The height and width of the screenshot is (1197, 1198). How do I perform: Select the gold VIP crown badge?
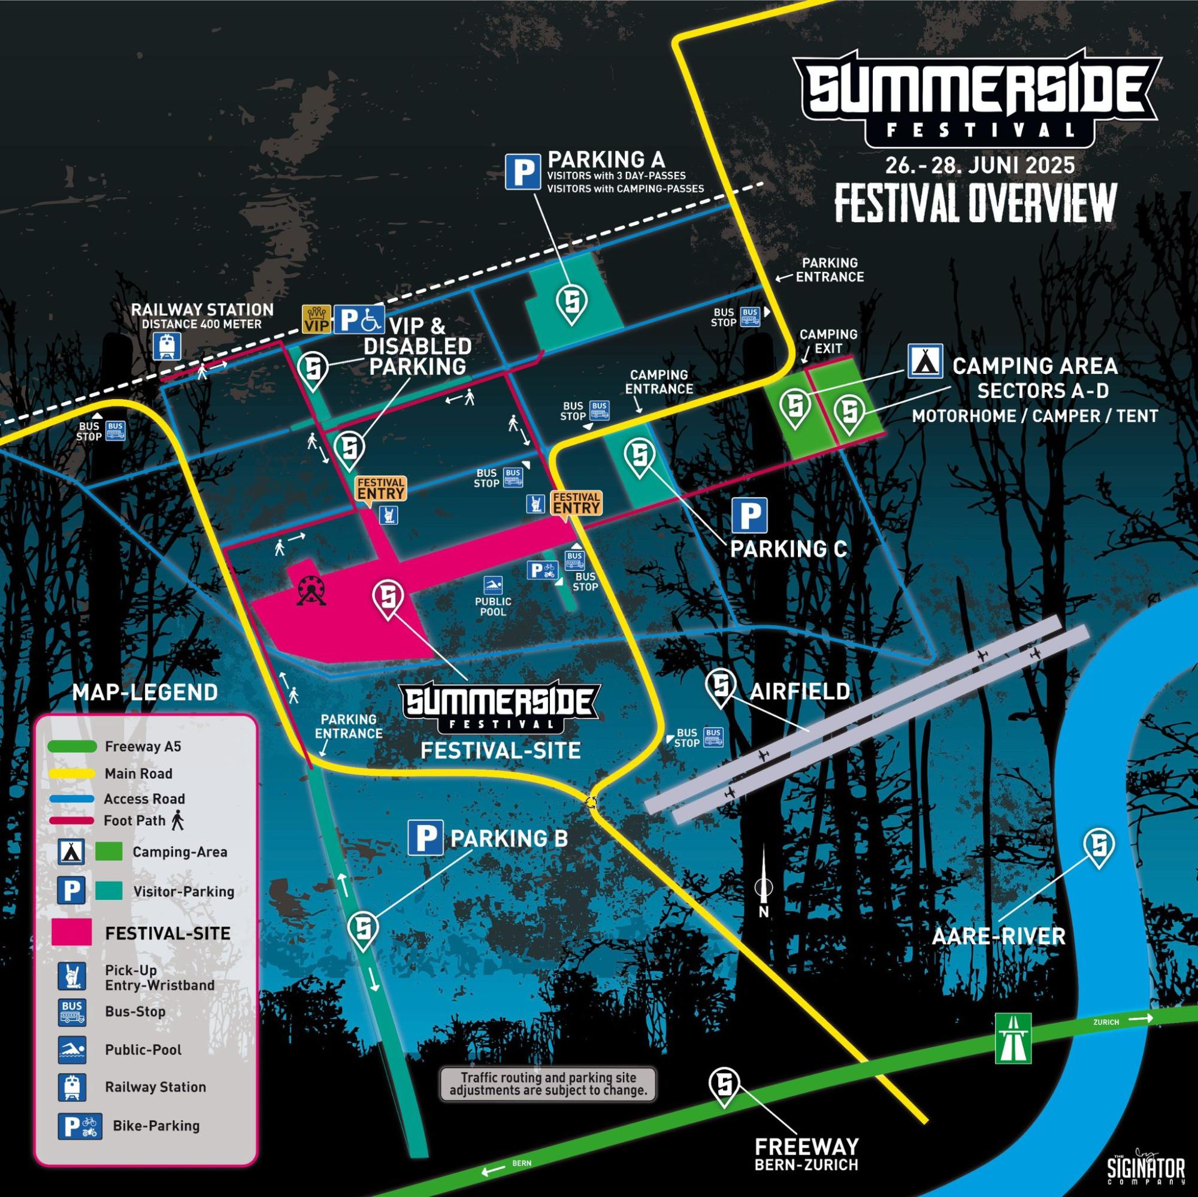coord(316,319)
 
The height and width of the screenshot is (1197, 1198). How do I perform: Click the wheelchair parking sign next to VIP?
coord(359,319)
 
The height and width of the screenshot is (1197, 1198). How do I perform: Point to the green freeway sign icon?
coord(1014,1038)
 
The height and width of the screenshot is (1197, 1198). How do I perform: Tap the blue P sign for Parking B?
coord(425,838)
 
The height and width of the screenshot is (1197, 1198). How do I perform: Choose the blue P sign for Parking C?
coord(750,515)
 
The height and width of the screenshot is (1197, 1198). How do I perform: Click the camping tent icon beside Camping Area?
coord(926,361)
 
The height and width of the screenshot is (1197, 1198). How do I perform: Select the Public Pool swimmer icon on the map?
coord(493,585)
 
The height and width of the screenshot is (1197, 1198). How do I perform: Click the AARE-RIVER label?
coord(999,935)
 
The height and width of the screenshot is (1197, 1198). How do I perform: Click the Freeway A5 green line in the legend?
coord(72,746)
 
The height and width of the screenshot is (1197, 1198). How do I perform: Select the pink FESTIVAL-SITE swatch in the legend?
coord(72,933)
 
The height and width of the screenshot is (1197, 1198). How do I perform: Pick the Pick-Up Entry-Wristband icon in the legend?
coord(71,977)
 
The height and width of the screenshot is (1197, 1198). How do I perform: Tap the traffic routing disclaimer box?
coord(548,1083)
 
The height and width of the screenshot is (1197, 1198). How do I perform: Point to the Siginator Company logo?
coord(1145,1169)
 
